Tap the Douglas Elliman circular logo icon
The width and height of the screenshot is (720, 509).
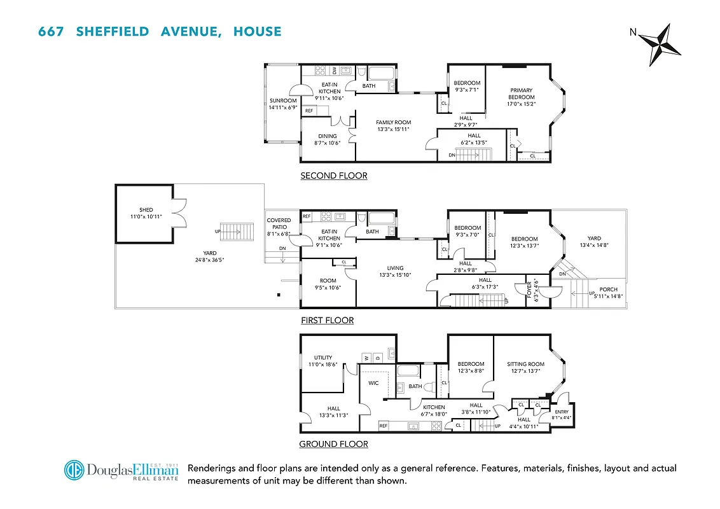tap(74, 471)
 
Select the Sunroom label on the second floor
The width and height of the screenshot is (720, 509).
tap(283, 101)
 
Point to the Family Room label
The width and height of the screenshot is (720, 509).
tap(393, 122)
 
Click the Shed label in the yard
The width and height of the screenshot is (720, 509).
tap(146, 210)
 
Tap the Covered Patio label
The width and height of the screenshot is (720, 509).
tap(279, 224)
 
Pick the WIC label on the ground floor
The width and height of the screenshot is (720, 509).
tap(373, 383)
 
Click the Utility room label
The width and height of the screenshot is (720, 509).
tap(322, 358)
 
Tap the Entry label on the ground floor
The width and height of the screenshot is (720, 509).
tap(561, 412)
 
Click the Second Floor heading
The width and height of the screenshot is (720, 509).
tap(334, 176)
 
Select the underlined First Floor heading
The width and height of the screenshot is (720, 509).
tap(327, 320)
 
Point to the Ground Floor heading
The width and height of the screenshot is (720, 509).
tap(333, 444)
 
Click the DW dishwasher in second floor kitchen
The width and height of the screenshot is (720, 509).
tap(335, 71)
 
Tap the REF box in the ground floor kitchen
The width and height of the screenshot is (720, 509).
tap(384, 426)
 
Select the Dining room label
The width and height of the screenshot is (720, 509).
tap(328, 136)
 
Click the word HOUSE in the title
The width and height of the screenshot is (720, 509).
tap(257, 31)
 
